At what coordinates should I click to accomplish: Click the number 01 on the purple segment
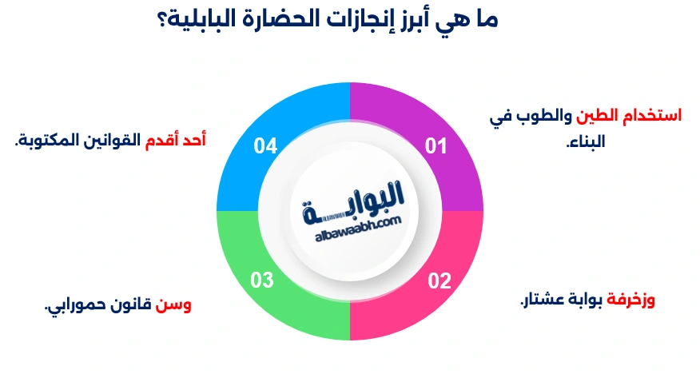(435, 145)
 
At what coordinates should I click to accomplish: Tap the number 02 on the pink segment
(439, 281)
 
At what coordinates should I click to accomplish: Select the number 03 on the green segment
(262, 280)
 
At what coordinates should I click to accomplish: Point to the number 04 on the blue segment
(265, 145)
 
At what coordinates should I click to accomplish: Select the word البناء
(585, 143)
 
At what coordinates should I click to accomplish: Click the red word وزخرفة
(631, 300)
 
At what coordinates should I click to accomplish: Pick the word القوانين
(111, 140)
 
